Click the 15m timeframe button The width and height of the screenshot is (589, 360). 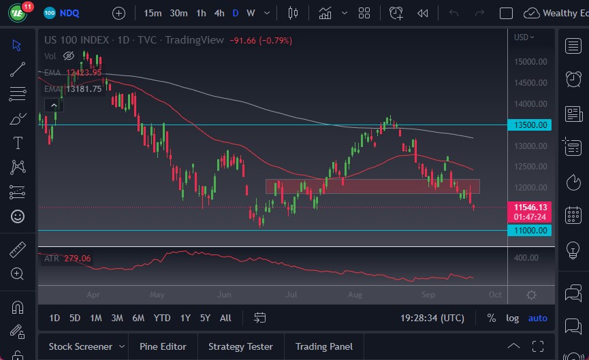[x=153, y=13]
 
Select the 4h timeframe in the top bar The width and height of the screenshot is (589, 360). [x=219, y=13]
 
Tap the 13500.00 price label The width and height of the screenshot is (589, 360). [x=530, y=125]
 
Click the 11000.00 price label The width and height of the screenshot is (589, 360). [x=530, y=231]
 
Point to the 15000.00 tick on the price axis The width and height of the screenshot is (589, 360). [x=530, y=61]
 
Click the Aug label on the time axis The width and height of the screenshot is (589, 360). [x=354, y=295]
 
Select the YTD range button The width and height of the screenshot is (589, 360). [x=162, y=318]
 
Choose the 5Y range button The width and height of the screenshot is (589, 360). [x=205, y=318]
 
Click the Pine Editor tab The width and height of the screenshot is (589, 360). [x=163, y=346]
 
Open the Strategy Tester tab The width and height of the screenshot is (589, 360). [x=240, y=346]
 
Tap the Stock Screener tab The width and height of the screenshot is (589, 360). [x=80, y=346]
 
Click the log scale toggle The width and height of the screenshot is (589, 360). [x=512, y=318]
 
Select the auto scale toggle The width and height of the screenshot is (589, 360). [x=537, y=318]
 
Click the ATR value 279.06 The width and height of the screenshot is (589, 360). [x=78, y=258]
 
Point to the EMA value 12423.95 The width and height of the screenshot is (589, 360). [x=83, y=72]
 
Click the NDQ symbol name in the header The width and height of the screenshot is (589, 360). [x=69, y=13]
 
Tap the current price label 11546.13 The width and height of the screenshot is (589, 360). [x=530, y=207]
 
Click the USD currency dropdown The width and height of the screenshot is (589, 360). [x=524, y=37]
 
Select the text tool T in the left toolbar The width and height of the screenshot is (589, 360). [x=18, y=143]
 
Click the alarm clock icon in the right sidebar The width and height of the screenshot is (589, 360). [x=573, y=79]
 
